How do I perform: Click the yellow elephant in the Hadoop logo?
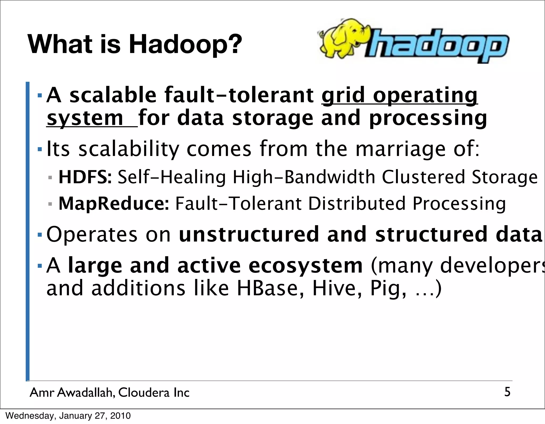[x=343, y=37]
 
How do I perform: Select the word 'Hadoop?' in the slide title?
[x=185, y=44]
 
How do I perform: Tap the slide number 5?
[x=507, y=392]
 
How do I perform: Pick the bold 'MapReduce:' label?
[x=114, y=204]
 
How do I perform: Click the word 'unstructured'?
[x=249, y=234]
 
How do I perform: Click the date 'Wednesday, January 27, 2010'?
[x=68, y=416]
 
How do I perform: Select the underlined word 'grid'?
[x=343, y=95]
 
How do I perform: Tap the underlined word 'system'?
[x=85, y=118]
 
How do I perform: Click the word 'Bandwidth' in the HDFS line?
[x=330, y=177]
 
